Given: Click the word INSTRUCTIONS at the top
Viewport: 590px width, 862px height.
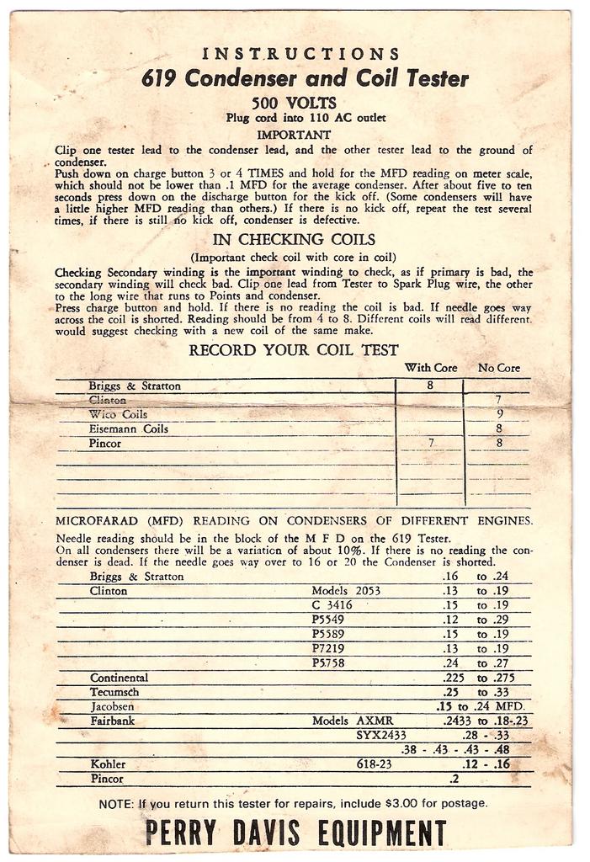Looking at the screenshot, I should (300, 54).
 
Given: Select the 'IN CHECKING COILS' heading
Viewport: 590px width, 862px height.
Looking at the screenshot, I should (294, 239).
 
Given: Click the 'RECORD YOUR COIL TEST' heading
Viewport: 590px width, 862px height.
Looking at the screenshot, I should (294, 350).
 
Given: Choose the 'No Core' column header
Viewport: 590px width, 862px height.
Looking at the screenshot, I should (498, 367).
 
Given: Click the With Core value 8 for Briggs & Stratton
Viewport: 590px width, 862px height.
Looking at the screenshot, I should (429, 386).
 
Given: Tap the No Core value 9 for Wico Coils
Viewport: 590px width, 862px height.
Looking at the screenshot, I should (499, 414).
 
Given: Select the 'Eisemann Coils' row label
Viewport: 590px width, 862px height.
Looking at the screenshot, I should (128, 428).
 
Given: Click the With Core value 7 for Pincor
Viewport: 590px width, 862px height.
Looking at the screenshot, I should (431, 443).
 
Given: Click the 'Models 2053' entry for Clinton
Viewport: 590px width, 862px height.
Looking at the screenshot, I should (346, 591).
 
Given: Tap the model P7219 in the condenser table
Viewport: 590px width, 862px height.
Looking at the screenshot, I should (328, 648).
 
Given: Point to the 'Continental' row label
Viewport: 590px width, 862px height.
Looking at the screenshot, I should (119, 677).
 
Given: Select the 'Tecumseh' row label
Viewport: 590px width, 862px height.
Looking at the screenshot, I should (115, 691).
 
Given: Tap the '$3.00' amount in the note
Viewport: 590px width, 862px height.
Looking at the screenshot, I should (400, 803).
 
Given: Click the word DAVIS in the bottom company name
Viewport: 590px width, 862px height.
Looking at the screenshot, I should (263, 833).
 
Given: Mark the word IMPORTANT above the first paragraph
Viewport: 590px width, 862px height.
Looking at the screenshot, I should (294, 134).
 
